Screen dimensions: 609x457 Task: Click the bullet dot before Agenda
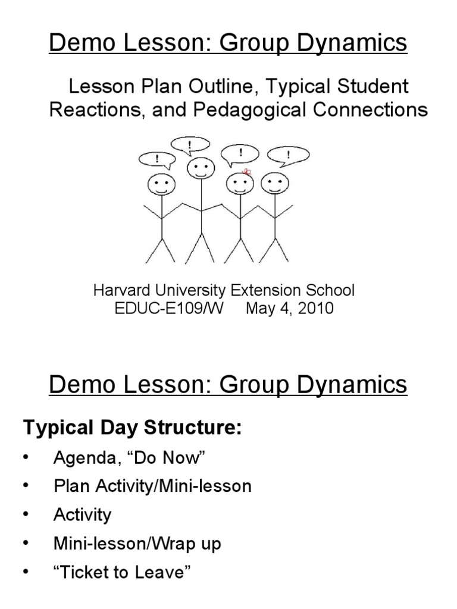click(x=26, y=457)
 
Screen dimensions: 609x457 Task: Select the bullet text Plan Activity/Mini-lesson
click(x=152, y=486)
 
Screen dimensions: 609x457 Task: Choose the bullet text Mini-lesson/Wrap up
click(x=137, y=544)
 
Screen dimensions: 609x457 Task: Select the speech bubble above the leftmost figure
click(x=157, y=159)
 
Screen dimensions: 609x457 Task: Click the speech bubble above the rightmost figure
click(x=288, y=156)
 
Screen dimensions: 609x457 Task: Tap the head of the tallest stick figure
click(x=201, y=168)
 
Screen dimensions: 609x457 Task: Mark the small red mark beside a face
click(x=247, y=172)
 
